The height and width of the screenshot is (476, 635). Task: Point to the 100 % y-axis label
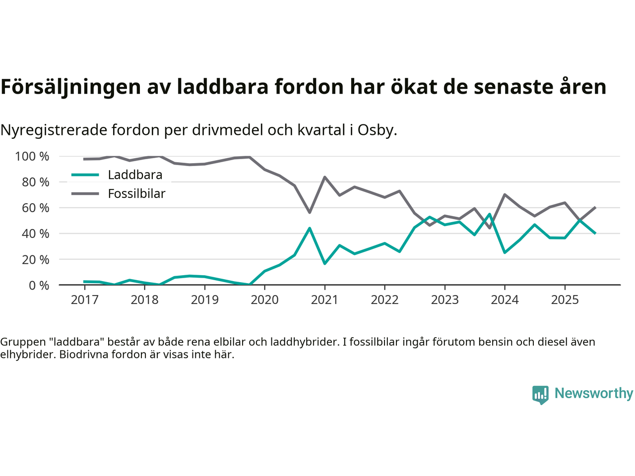[32, 157]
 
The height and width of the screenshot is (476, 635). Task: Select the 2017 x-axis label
[84, 300]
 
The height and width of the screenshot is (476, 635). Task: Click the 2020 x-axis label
[264, 300]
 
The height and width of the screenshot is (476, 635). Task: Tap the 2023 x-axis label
[444, 300]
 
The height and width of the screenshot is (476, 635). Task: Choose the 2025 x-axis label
[565, 300]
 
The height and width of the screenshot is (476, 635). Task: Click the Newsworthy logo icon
[540, 395]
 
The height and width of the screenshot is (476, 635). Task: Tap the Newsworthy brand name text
[593, 393]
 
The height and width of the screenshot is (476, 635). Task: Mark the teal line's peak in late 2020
[310, 228]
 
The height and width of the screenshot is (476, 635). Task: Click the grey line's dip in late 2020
[310, 212]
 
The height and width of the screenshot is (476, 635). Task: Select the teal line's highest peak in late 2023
[490, 214]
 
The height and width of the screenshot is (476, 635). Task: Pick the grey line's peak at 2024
[505, 194]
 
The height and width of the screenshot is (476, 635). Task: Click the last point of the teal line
[595, 233]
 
